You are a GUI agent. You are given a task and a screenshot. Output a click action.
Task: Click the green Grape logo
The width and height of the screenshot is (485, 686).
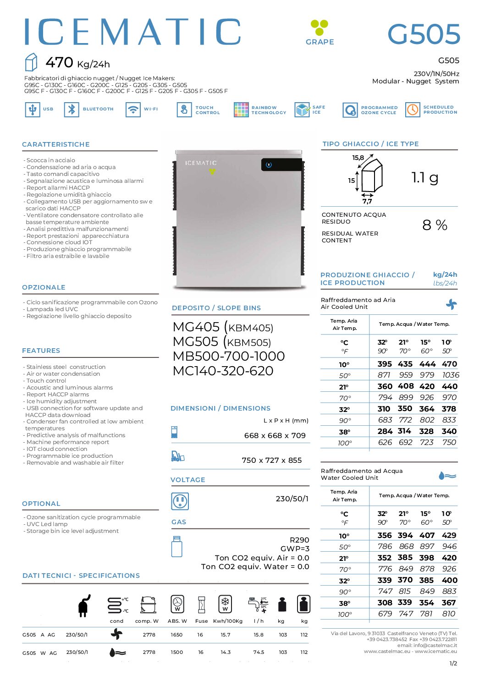[x=319, y=27]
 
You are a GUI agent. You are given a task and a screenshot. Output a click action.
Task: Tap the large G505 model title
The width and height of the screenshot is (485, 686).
[x=424, y=34]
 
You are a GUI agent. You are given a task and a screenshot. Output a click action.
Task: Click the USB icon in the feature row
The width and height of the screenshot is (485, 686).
[x=32, y=110]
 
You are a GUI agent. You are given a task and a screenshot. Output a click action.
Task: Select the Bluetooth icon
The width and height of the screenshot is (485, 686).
[x=72, y=110]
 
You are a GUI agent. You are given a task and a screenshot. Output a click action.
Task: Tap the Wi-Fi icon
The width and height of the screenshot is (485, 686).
[x=133, y=110]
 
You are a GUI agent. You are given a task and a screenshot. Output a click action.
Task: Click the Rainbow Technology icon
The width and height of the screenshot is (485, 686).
[x=241, y=110]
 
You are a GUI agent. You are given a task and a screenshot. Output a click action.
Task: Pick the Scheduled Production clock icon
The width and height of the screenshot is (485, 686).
[x=413, y=110]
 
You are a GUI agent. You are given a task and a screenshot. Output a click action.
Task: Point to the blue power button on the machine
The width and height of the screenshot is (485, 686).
[x=269, y=165]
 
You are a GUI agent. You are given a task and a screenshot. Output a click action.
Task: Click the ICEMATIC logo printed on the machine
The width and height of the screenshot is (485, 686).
[x=201, y=163]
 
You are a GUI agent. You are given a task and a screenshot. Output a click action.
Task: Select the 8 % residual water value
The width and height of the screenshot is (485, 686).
[x=435, y=225]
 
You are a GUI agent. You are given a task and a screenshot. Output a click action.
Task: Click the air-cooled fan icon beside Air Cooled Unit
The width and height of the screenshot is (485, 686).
[x=452, y=304]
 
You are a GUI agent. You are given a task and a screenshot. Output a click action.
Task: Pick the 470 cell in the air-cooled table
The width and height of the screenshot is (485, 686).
[x=449, y=364]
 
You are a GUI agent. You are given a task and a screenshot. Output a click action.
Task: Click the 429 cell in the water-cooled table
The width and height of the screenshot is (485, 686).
[x=449, y=535]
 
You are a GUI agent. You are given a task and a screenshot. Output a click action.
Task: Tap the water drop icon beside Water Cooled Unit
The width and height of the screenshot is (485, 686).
[x=447, y=476]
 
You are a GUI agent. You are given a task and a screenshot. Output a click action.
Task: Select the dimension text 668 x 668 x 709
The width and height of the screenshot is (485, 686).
[x=275, y=435]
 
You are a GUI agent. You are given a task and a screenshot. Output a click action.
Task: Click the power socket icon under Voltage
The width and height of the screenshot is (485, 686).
[x=180, y=501]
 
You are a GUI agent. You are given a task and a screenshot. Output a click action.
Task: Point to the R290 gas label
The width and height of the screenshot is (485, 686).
[x=299, y=540]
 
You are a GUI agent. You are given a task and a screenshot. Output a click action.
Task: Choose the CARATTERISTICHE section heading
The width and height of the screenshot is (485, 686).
[x=56, y=144]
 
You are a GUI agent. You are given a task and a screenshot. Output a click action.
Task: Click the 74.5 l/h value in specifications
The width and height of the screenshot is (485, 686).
[x=259, y=652]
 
